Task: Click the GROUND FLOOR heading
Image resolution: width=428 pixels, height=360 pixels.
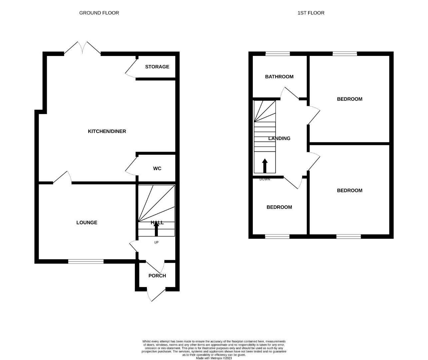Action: coord(99,13)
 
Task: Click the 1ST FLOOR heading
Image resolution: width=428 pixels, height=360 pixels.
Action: coord(311,13)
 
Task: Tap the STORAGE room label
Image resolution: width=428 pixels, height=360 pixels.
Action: coord(157,67)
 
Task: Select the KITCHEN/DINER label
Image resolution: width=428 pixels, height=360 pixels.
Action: coord(107,131)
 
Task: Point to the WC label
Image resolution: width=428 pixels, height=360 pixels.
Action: coord(157,169)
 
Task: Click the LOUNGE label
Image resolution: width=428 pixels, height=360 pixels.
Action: coord(87,223)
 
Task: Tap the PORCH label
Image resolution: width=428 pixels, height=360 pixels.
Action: coord(157,276)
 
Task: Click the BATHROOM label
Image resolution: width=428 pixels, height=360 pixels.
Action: coord(279,77)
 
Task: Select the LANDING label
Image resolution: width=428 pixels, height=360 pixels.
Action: coord(279,138)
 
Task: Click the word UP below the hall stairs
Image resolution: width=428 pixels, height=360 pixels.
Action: coord(156,242)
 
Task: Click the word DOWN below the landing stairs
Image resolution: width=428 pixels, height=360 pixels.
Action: coord(265,179)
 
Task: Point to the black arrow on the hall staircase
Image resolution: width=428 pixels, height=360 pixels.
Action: coord(156,229)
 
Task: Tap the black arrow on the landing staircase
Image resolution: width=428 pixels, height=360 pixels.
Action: coord(265,166)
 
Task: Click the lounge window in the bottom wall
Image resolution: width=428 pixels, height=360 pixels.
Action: coord(86,262)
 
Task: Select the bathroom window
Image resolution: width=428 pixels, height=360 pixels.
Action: coord(278,54)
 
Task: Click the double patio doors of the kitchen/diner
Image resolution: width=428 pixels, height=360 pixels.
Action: coord(82,49)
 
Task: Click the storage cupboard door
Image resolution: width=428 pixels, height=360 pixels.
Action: coord(131,69)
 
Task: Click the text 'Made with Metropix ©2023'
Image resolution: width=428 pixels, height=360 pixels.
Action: coord(214,358)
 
